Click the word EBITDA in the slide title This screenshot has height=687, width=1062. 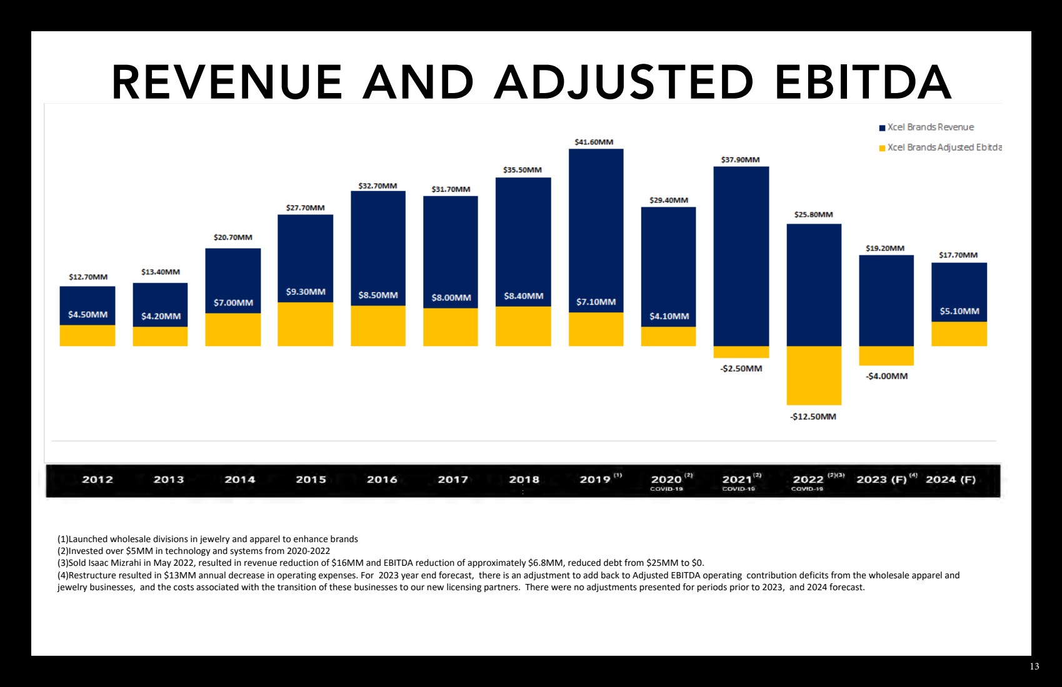point(863,82)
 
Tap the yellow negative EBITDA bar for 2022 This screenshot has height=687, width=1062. point(814,375)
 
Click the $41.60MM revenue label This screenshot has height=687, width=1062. point(594,142)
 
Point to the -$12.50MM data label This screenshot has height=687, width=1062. point(813,417)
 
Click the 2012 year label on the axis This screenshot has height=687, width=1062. point(98,480)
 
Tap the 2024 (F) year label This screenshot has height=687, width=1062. point(950,480)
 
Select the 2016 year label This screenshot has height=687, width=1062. point(382,480)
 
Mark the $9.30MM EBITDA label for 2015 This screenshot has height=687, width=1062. point(306,292)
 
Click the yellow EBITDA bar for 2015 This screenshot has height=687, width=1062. point(306,324)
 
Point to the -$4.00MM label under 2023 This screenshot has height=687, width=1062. point(886,376)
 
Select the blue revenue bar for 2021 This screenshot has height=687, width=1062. point(741,256)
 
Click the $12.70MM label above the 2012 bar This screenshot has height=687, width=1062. point(88,277)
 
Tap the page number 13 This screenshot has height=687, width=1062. point(1034,666)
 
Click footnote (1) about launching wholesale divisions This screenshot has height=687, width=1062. point(208,539)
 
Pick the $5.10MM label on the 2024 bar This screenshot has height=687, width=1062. point(959,311)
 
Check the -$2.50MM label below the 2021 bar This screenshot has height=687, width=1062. point(741,368)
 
